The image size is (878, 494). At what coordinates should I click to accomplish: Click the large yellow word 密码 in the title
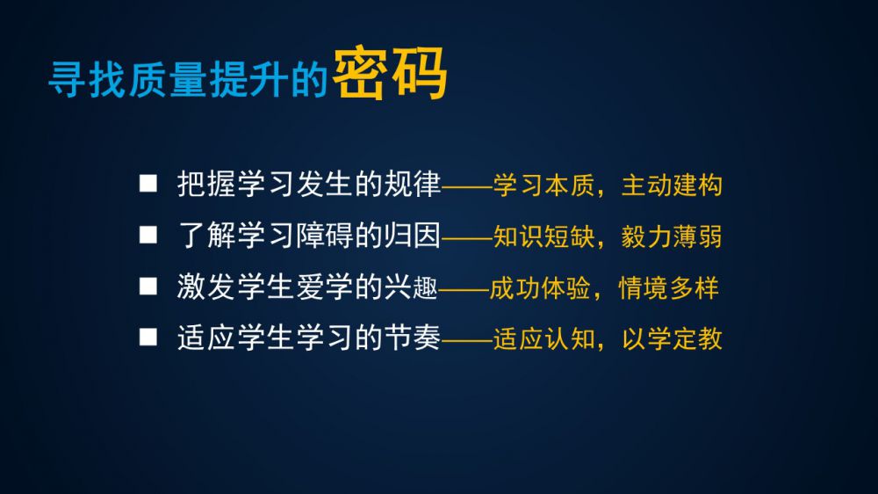click(x=391, y=74)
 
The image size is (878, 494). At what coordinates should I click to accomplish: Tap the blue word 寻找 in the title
click(x=86, y=80)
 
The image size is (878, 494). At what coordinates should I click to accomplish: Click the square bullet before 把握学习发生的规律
click(x=148, y=184)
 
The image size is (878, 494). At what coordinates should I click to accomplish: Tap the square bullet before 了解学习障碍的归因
click(x=148, y=235)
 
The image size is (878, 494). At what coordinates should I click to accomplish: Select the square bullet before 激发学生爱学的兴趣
click(x=148, y=286)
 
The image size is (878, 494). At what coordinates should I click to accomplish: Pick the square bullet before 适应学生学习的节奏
click(x=148, y=337)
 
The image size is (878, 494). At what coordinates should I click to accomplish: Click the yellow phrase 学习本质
click(x=543, y=185)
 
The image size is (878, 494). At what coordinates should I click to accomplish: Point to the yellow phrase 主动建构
click(x=672, y=185)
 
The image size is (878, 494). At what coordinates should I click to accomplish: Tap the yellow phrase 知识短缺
click(x=543, y=236)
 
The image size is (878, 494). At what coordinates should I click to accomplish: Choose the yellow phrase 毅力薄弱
click(x=672, y=236)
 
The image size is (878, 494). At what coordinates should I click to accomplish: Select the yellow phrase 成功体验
click(x=540, y=288)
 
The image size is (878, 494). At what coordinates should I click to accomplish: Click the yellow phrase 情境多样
click(x=668, y=288)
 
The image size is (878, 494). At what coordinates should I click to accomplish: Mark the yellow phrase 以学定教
click(x=672, y=339)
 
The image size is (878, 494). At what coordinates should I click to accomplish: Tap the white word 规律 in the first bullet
click(x=412, y=184)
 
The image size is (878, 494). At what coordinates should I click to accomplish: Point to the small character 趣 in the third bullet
click(x=425, y=288)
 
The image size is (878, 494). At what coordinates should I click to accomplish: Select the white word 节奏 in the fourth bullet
click(x=412, y=338)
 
